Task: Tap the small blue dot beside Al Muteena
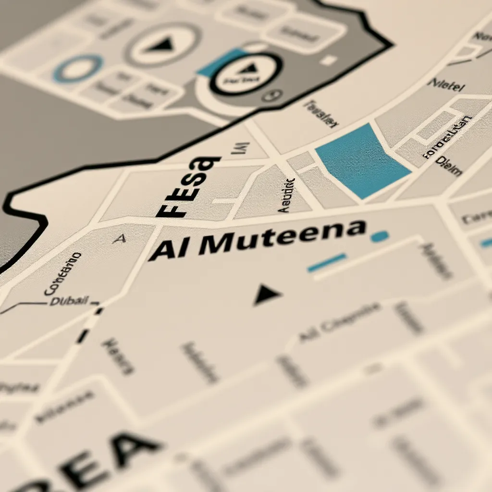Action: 380,236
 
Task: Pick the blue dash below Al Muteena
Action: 327,263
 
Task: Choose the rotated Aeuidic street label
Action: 286,195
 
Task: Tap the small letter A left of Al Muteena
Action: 119,238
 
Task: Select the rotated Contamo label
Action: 62,273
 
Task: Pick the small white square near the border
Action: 329,60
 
